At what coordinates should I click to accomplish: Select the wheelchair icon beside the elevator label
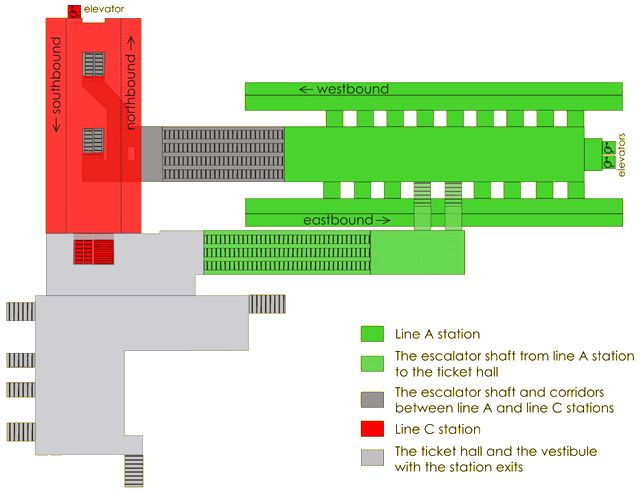click(x=75, y=11)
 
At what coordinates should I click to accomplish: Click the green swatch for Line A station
click(x=372, y=333)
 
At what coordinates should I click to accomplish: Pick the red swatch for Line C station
click(x=372, y=429)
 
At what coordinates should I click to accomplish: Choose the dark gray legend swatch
click(x=372, y=398)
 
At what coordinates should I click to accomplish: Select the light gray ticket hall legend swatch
click(x=372, y=456)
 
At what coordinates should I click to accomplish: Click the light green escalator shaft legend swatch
click(x=372, y=362)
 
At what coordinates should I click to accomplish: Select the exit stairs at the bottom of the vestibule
click(x=133, y=469)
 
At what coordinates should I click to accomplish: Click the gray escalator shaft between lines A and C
click(x=222, y=154)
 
